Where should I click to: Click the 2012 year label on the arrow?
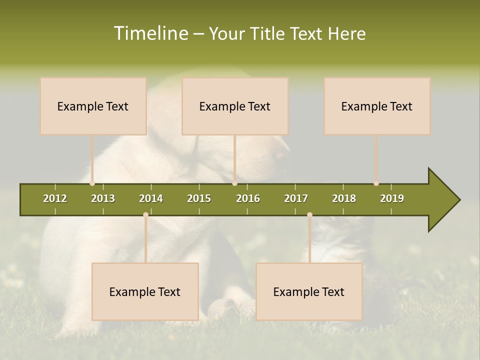(55, 198)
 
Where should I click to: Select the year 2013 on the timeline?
(103, 198)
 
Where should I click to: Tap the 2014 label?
(151, 198)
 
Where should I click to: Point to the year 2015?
(199, 198)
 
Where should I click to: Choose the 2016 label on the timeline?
(248, 198)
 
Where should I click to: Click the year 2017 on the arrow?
(296, 198)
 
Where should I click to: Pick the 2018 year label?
(344, 198)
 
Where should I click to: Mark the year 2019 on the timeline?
(392, 198)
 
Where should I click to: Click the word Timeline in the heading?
(150, 33)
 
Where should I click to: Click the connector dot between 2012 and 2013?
(92, 183)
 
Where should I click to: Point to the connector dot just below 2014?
(145, 215)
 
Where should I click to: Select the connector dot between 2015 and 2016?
(234, 183)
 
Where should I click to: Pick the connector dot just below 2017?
(309, 215)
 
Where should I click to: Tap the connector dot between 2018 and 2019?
(376, 183)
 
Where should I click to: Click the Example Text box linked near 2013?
(93, 106)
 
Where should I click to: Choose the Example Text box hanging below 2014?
(145, 291)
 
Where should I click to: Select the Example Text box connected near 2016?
(235, 106)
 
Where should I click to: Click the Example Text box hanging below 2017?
(309, 291)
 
